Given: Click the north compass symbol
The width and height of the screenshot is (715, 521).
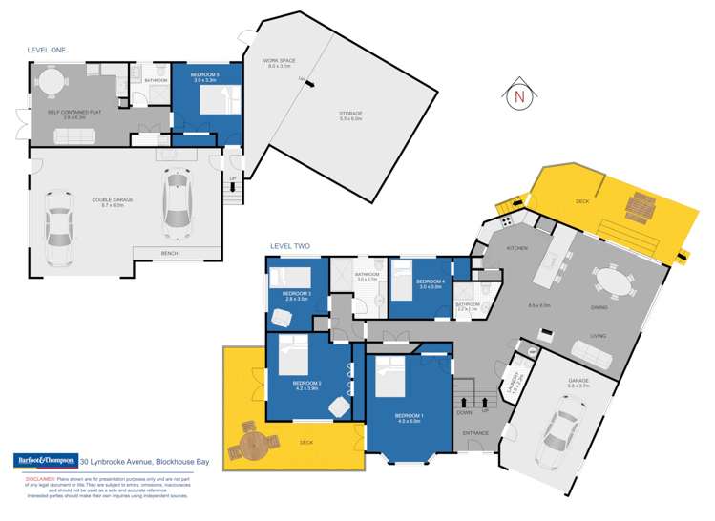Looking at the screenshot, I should [518, 95].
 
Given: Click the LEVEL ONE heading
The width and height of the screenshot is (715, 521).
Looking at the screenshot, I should [46, 50].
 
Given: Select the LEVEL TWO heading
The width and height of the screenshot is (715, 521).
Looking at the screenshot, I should [289, 246].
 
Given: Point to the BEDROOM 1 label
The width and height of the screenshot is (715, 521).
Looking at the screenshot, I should [410, 415].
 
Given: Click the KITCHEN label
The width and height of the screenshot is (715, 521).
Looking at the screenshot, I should [516, 248].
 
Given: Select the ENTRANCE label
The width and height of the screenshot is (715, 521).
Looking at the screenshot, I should [476, 433].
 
